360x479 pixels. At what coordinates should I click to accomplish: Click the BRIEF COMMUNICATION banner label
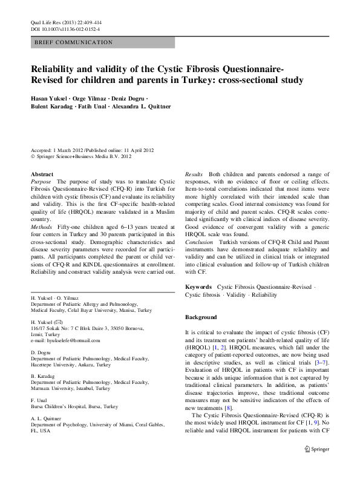[74, 42]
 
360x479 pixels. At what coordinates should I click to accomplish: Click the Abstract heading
[42, 174]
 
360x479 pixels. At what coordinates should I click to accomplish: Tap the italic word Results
[194, 174]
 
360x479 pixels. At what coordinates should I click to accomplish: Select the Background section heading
[201, 317]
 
